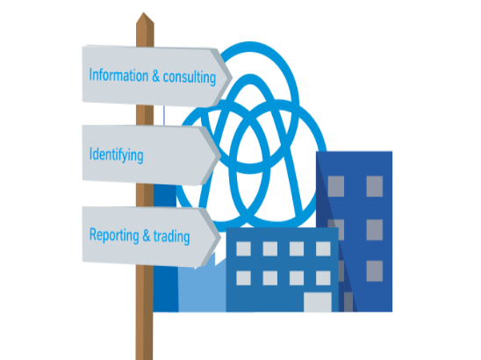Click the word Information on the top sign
pos(118,76)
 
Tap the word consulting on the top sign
pos(190,77)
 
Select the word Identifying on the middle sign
pos(116,155)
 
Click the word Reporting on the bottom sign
pos(114,235)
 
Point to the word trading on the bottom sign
pos(171,236)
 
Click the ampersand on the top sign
pos(156,76)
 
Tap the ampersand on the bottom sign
pos(147,235)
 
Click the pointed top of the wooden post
pos(143,13)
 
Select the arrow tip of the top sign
pos(232,78)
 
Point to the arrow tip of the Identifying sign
pos(220,155)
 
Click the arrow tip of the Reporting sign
pos(220,237)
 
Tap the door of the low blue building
pos(318,302)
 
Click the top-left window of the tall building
pos(336,186)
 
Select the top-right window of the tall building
pos(375,186)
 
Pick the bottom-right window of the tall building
pos(375,271)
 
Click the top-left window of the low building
pos(243,248)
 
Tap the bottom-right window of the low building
pos(323,278)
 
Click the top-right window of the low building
pos(323,248)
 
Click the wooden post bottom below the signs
pos(144,313)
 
